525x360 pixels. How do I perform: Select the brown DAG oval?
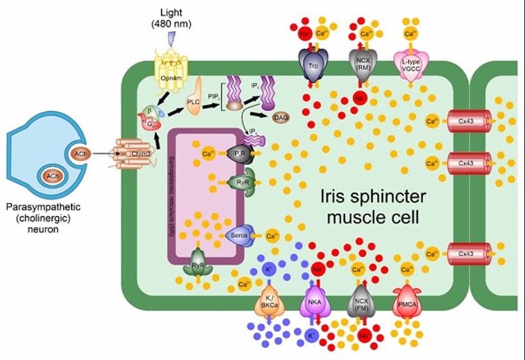pos(281,117)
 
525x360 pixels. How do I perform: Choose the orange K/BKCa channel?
pos(269,302)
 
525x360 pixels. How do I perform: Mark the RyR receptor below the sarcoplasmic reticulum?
pos(202,266)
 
